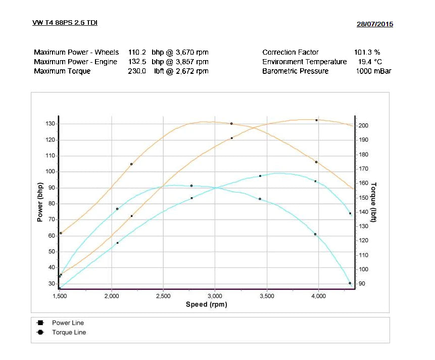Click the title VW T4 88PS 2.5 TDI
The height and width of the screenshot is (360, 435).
point(65,22)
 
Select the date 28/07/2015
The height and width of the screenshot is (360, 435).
point(374,24)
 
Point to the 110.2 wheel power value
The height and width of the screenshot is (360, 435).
point(137,52)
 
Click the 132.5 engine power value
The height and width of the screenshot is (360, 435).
point(137,62)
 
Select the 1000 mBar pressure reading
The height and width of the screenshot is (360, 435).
point(373,71)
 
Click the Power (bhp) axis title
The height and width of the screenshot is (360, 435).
point(40,203)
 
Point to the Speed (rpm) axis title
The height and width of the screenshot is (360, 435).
point(207,304)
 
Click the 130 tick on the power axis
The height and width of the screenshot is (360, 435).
point(50,124)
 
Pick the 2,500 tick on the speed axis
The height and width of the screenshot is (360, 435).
point(163,296)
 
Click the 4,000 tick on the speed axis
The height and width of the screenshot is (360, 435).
point(318,296)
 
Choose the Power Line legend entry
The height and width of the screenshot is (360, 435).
point(67,323)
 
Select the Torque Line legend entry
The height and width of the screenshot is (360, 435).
point(69,332)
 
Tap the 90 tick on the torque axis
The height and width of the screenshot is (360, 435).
point(362,284)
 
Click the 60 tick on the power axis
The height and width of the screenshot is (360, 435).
point(51,236)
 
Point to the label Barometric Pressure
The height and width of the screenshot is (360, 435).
point(295,71)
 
